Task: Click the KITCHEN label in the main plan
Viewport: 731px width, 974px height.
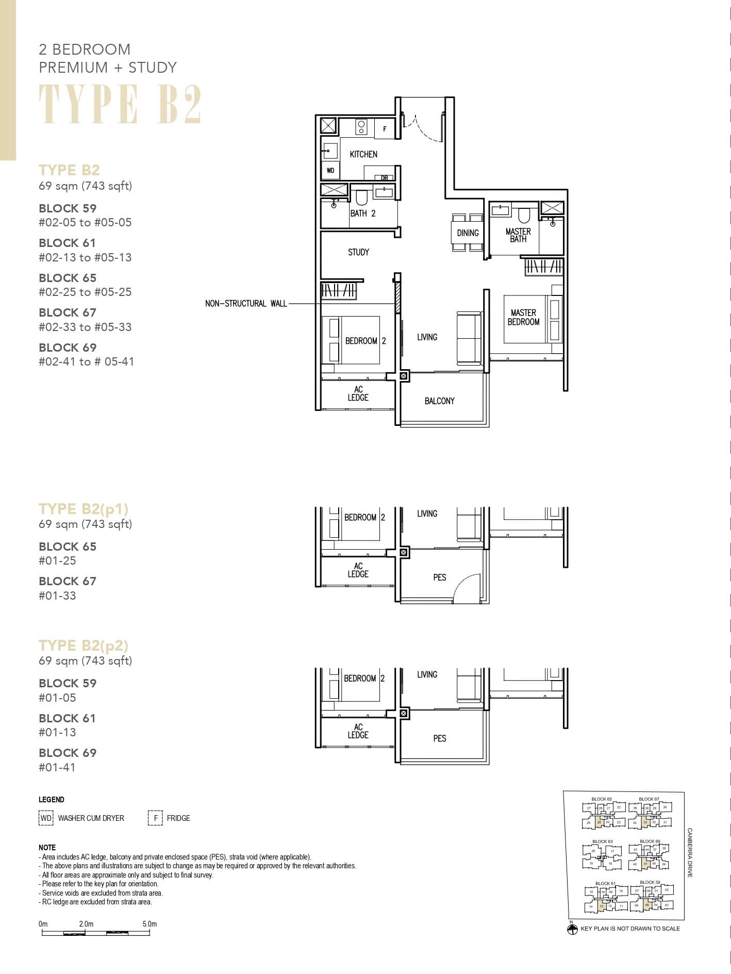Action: click(x=363, y=154)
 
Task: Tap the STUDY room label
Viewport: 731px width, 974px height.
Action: click(x=358, y=252)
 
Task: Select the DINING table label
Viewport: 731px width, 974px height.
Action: click(x=468, y=233)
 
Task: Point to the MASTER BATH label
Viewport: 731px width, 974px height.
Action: click(x=518, y=235)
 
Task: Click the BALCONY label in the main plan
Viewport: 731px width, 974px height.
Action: click(x=439, y=401)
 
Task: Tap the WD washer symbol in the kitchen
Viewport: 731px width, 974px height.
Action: click(x=330, y=170)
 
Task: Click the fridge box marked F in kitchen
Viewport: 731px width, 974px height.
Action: click(x=385, y=129)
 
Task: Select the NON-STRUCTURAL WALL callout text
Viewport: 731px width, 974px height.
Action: click(x=246, y=304)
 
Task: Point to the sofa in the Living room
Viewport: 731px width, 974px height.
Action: click(x=469, y=338)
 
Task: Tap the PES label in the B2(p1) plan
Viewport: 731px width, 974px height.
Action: click(x=439, y=577)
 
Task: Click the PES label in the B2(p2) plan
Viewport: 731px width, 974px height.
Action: click(x=439, y=738)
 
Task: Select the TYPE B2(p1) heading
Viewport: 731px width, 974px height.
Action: click(x=84, y=509)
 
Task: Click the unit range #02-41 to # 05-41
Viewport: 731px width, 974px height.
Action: click(x=86, y=362)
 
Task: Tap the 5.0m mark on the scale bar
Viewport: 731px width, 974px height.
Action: click(x=149, y=924)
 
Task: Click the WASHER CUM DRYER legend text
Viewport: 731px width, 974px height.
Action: click(x=91, y=818)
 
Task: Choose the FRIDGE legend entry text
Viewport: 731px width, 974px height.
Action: click(x=178, y=818)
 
